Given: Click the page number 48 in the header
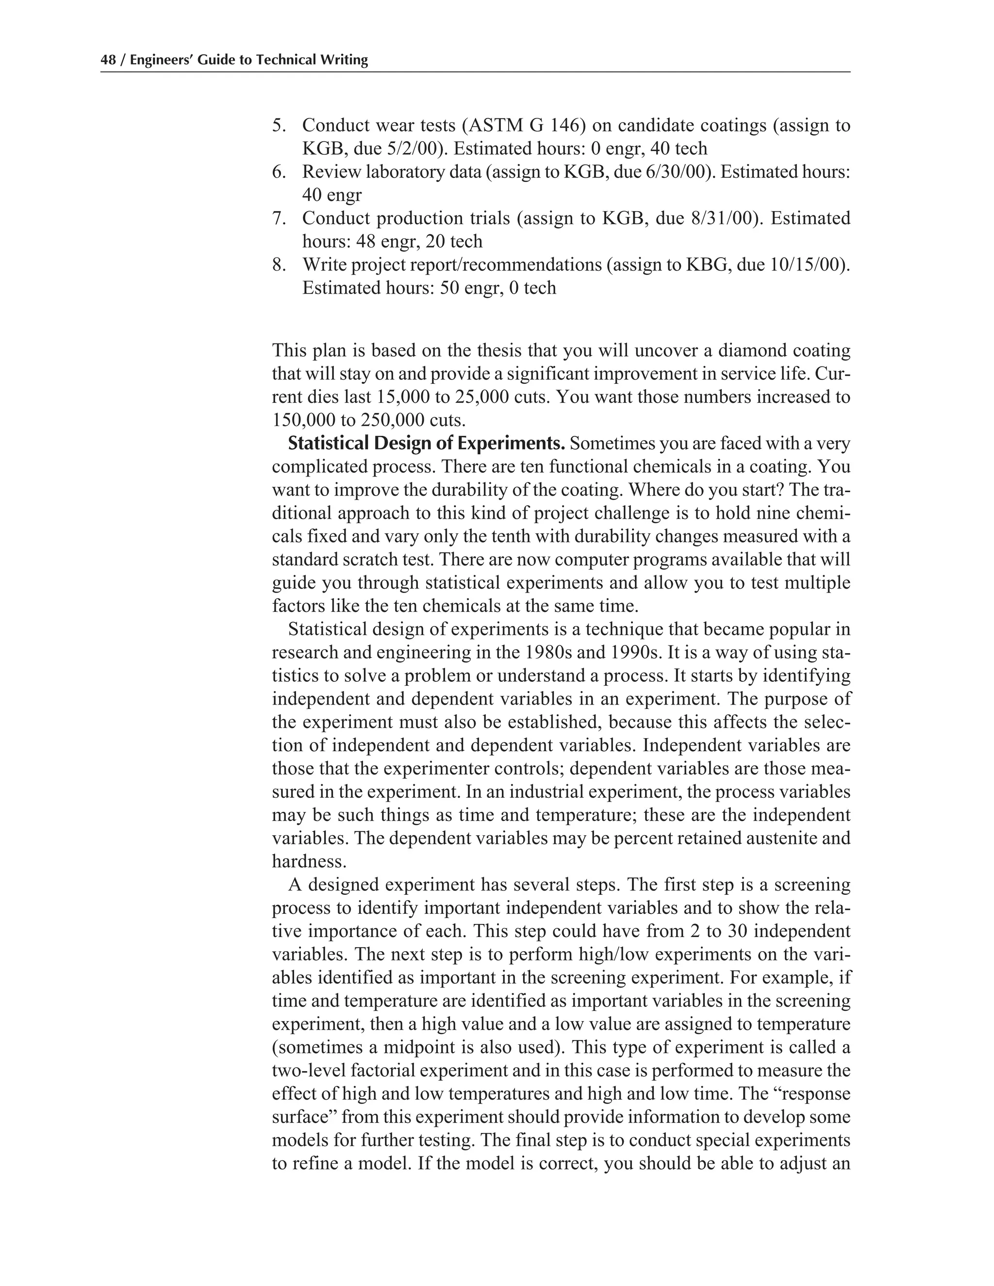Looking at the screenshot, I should (108, 60).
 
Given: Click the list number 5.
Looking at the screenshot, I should (279, 125).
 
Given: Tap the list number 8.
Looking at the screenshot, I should (279, 265).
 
